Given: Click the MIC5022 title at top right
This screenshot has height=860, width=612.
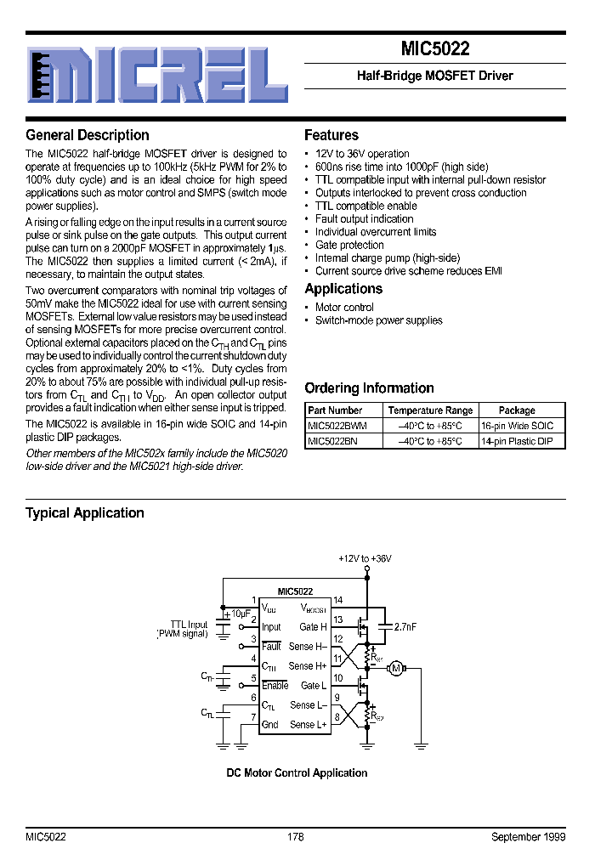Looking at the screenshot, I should click(434, 49).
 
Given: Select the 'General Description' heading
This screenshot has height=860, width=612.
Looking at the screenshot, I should click(88, 135).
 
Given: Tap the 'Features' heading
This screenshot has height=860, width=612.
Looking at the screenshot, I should click(331, 135).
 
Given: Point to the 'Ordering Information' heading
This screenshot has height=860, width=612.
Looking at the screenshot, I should click(369, 388).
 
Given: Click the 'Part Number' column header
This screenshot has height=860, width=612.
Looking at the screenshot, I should click(335, 410).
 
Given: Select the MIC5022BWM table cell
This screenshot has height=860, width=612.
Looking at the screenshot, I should click(337, 426).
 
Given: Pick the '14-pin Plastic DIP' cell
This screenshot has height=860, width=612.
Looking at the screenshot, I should click(516, 441).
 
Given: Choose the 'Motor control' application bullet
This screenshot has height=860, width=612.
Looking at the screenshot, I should click(344, 308).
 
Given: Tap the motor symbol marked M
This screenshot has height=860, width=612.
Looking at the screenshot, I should click(395, 669).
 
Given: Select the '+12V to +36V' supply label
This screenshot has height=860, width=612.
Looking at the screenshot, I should click(365, 558).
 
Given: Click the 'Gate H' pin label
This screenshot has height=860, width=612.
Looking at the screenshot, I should click(313, 627).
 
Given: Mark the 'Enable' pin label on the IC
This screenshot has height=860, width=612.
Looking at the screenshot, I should click(275, 686).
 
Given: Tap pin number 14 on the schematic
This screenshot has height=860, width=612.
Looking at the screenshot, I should click(337, 601).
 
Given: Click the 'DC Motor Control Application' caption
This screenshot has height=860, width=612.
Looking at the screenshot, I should click(297, 772).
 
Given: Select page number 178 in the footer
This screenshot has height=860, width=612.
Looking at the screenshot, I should click(295, 837).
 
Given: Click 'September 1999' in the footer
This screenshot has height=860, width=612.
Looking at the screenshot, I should click(528, 837).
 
